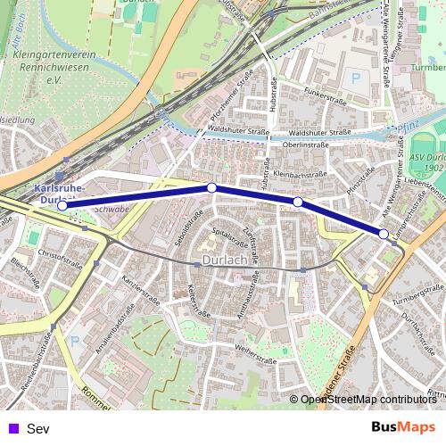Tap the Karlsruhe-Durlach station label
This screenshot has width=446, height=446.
(x=59, y=194)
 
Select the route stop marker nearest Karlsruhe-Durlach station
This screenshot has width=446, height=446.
(x=62, y=206)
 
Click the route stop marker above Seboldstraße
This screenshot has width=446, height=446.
(x=211, y=187)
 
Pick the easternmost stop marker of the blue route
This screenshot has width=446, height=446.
(x=384, y=234)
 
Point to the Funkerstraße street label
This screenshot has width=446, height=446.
(x=323, y=93)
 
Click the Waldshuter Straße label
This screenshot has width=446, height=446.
(x=237, y=132)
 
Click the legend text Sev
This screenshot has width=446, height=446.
(x=38, y=428)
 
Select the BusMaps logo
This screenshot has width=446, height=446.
(x=402, y=427)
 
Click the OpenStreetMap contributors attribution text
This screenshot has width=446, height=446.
(x=368, y=400)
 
